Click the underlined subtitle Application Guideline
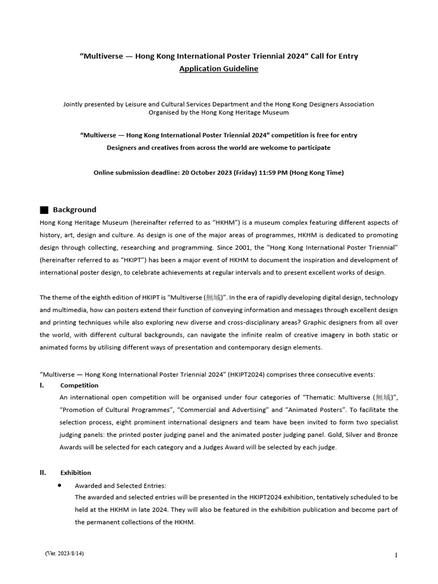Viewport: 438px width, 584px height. pos(219,68)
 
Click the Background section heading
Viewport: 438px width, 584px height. pos(75,210)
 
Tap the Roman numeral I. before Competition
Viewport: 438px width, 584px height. pos(42,385)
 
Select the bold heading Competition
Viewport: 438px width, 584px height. pos(79,385)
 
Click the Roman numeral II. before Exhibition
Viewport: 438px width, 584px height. pos(43,472)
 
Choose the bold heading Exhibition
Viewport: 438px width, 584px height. pos(76,472)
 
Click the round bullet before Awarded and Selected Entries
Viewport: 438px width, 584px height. pos(60,485)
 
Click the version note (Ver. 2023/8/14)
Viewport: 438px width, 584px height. pos(67,554)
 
